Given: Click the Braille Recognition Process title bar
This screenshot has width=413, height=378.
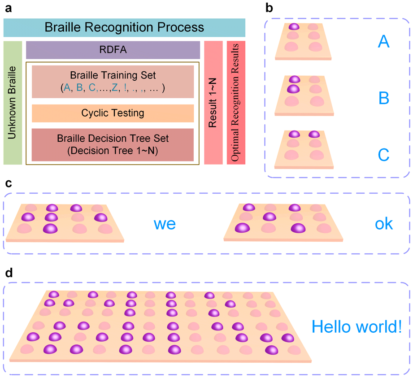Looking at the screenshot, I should (x=124, y=28).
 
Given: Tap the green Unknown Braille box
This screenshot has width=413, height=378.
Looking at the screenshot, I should (x=13, y=103).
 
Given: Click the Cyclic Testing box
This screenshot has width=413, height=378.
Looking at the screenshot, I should (x=113, y=113).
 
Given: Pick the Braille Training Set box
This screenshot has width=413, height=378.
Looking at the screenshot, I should (x=113, y=81).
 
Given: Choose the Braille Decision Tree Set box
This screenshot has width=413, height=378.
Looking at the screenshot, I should (x=113, y=145).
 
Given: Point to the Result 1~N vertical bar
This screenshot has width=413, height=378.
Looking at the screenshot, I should (x=213, y=103).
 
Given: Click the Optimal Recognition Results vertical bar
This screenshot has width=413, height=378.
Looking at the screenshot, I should (x=236, y=103).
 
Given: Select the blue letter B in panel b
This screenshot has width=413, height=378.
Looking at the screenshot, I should (x=383, y=98).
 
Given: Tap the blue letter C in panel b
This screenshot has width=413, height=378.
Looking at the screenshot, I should (x=383, y=155).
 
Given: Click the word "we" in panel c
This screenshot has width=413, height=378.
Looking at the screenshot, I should (x=165, y=223).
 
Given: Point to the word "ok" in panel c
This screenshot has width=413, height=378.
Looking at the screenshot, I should (x=384, y=223).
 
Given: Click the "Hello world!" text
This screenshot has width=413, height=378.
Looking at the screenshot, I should (x=356, y=327).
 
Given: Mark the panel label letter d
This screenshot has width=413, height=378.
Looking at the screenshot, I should (x=8, y=273).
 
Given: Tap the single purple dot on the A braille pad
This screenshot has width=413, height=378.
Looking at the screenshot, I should (x=294, y=27).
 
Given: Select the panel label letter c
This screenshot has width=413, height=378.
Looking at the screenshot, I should (x=8, y=183).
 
